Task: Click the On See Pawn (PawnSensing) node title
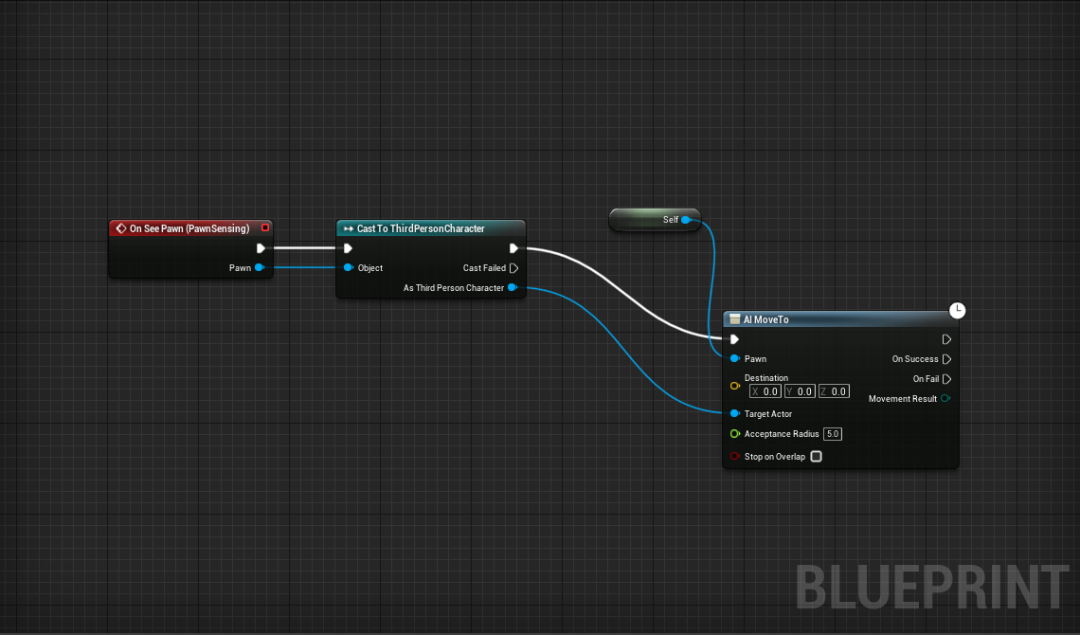189,228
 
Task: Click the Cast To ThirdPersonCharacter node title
420,228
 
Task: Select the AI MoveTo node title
765,319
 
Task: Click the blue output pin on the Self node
686,220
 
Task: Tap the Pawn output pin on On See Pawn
260,267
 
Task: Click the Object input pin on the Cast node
349,267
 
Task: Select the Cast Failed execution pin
513,268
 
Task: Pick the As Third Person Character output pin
513,287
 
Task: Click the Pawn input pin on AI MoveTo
734,358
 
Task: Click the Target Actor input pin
734,413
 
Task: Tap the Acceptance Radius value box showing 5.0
833,434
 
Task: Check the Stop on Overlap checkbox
816,456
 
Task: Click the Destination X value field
765,390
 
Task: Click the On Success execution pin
946,359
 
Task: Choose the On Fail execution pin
946,379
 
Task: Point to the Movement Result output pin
945,398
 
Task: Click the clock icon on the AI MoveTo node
957,310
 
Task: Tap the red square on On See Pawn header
265,227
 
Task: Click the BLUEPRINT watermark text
932,587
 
